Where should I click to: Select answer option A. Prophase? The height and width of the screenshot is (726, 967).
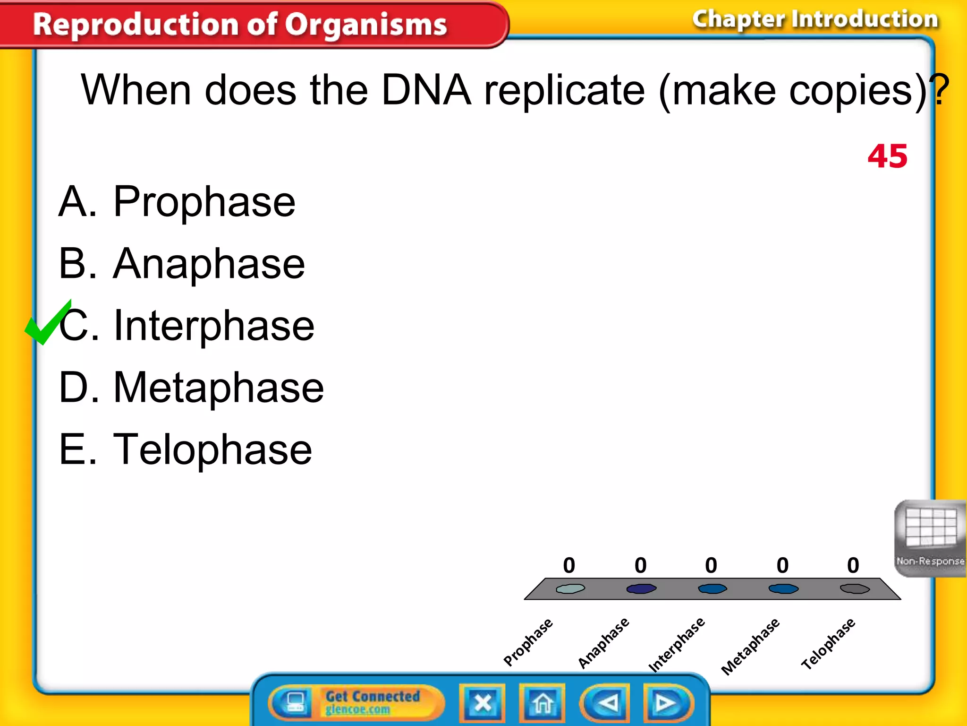[177, 202]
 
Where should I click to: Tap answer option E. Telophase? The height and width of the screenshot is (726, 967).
[185, 449]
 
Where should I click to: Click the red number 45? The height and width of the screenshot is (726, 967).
[887, 156]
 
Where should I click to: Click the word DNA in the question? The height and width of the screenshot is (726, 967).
[426, 90]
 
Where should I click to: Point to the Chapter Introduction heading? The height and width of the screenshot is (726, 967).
[815, 20]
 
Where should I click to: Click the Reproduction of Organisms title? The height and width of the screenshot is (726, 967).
[240, 25]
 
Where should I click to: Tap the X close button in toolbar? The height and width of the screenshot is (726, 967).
[483, 703]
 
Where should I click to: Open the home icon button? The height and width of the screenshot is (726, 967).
[542, 703]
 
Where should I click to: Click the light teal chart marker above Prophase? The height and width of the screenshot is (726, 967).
[570, 588]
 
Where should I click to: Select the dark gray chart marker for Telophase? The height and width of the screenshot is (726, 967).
[855, 588]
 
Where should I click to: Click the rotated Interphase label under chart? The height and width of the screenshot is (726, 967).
[676, 644]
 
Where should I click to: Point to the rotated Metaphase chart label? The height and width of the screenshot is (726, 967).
[750, 646]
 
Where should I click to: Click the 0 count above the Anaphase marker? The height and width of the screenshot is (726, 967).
[640, 565]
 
